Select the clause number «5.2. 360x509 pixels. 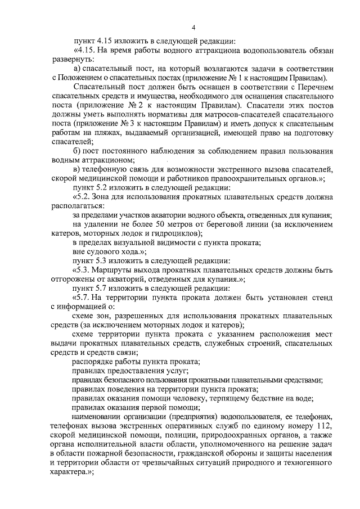[83, 198]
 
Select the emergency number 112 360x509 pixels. [322, 425]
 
